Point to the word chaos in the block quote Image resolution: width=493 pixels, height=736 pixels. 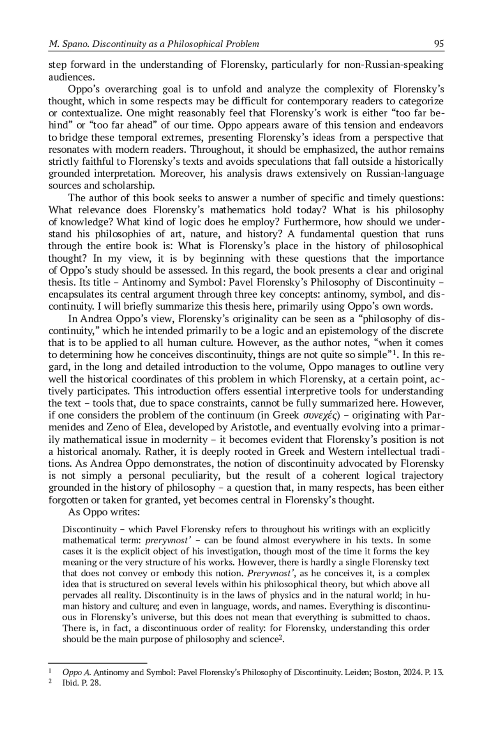[x=417, y=617]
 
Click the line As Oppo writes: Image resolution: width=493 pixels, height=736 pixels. [x=104, y=513]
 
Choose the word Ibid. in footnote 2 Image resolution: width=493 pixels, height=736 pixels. [x=70, y=683]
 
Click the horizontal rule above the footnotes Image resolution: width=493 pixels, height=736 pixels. [x=98, y=662]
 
